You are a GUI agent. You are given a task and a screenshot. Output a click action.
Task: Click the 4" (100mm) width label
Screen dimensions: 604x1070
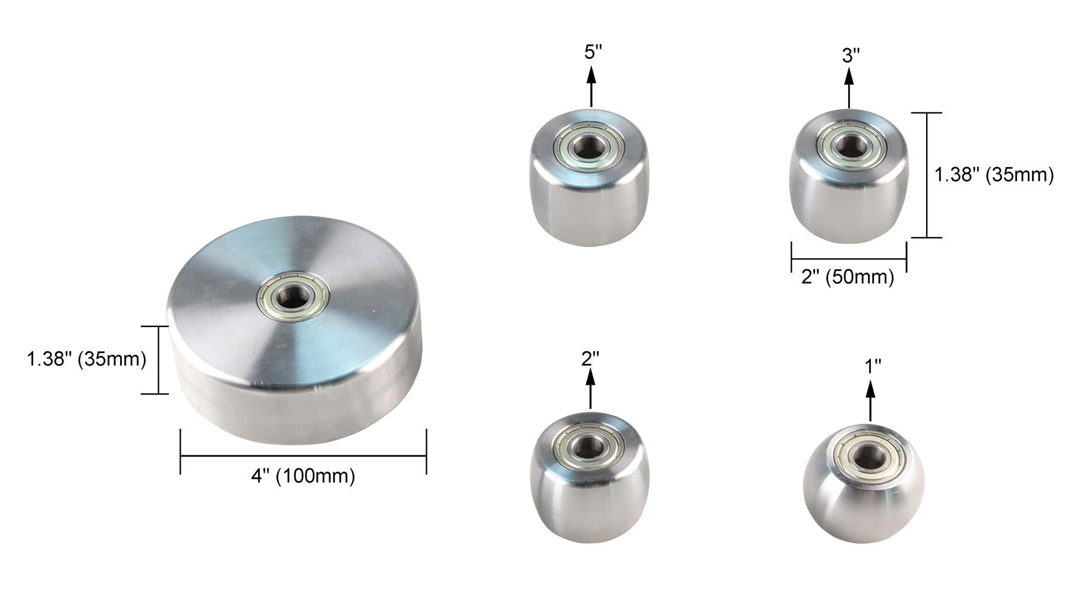pos(303,476)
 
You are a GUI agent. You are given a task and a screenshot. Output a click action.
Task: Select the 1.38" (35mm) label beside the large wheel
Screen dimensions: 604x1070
pos(86,359)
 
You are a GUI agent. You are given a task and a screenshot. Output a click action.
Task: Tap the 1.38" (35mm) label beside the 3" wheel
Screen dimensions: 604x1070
pos(994,175)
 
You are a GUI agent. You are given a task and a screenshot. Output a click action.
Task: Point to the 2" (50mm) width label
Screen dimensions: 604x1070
pos(848,277)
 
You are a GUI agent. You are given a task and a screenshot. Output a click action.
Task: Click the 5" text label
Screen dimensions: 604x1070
pos(593,52)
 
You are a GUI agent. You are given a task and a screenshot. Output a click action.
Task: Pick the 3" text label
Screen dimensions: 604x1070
pos(851,56)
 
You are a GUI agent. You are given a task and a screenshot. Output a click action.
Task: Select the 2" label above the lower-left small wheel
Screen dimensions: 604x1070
pos(590,358)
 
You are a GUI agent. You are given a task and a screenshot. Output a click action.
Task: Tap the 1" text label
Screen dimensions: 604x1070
pos(872,367)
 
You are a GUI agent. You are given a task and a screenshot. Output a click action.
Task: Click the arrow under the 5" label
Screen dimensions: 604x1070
pos(591,86)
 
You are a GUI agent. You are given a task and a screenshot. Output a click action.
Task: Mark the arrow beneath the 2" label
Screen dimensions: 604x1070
pos(590,388)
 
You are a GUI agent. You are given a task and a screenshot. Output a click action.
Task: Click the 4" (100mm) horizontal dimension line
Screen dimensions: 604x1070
pos(303,456)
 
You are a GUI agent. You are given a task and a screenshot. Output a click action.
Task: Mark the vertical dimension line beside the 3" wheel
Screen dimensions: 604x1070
pos(927,175)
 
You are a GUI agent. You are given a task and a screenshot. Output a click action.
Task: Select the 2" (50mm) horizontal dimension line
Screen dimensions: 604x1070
pos(848,259)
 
